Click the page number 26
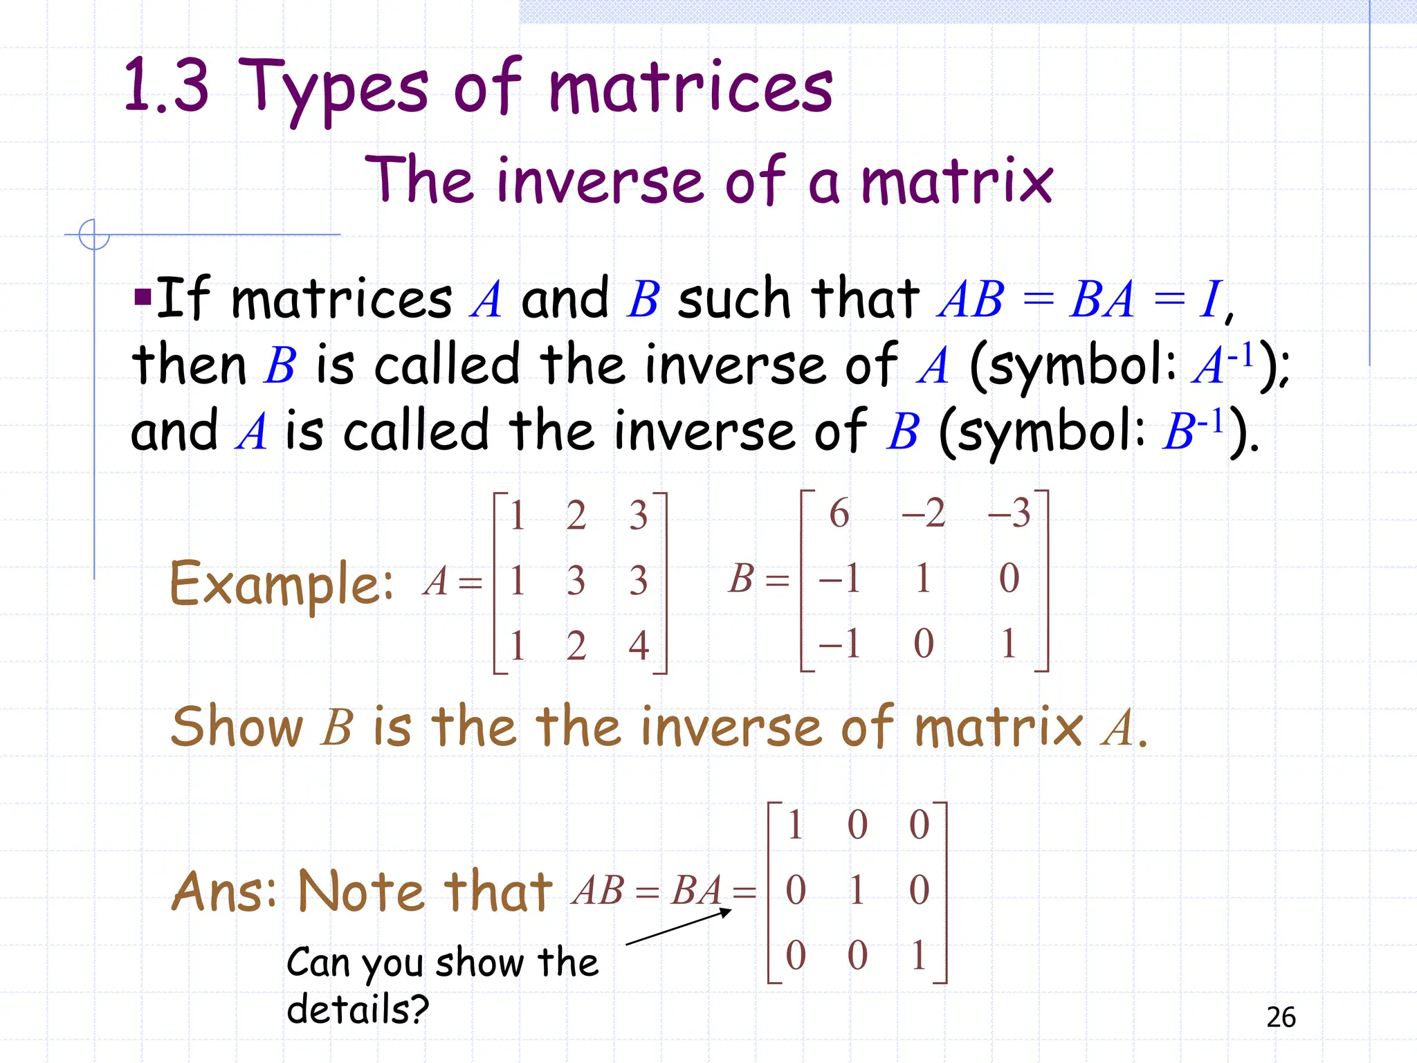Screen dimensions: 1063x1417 [x=1281, y=1017]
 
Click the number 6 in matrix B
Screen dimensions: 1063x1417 [x=839, y=514]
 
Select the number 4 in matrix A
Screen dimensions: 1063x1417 [x=639, y=645]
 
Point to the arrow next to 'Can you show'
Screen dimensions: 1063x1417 [x=678, y=927]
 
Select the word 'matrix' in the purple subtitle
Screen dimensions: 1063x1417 [x=957, y=181]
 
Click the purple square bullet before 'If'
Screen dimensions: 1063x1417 [x=143, y=298]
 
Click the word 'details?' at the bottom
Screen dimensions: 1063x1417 [x=358, y=1009]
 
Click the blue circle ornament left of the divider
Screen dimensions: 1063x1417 [x=94, y=234]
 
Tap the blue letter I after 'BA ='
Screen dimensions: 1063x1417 [x=1211, y=300]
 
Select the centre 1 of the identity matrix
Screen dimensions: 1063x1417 [x=857, y=889]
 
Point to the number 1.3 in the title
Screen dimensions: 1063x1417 [x=167, y=87]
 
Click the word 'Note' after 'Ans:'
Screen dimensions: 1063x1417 [x=360, y=891]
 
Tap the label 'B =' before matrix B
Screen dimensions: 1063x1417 [x=758, y=579]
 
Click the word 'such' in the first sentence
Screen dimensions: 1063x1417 [x=734, y=299]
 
